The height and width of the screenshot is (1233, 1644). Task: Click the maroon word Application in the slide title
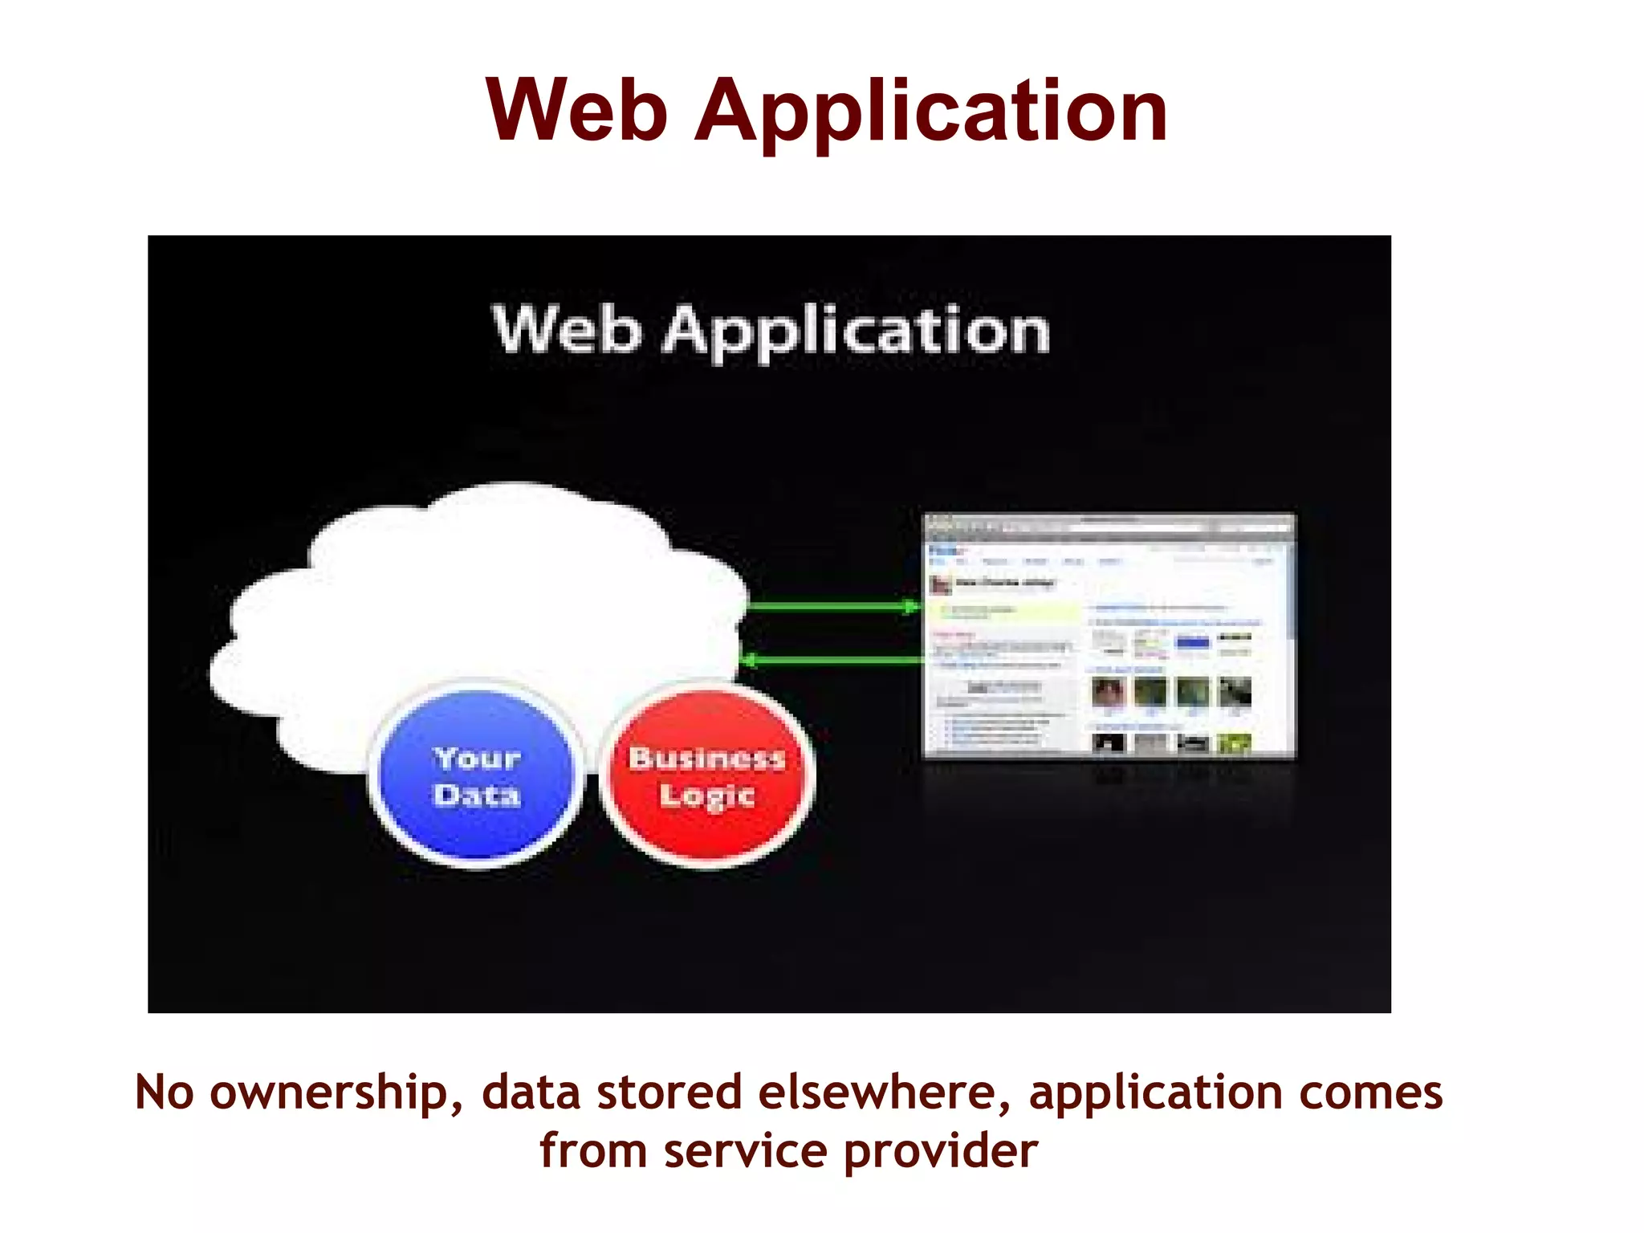coord(930,112)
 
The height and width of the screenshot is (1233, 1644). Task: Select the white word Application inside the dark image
coord(856,332)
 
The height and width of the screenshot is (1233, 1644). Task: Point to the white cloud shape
coord(482,594)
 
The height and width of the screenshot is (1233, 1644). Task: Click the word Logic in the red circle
coord(706,796)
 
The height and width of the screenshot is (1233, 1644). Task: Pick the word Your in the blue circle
coord(477,758)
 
